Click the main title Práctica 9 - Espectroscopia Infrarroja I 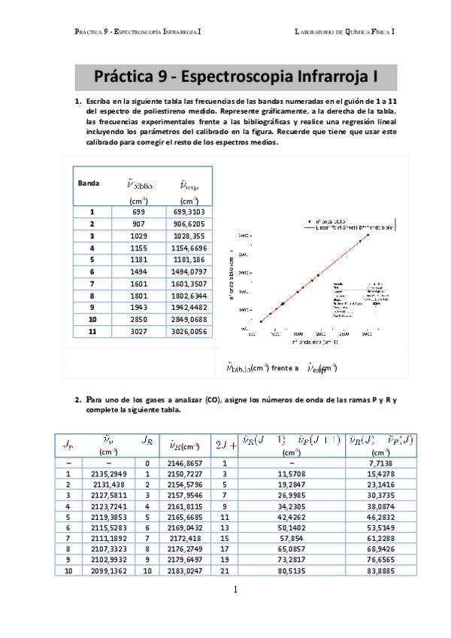(235, 76)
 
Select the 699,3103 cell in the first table (189, 212)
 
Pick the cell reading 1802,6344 (189, 296)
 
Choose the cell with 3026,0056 (189, 331)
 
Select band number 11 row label (91, 331)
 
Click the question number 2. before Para (77, 400)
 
